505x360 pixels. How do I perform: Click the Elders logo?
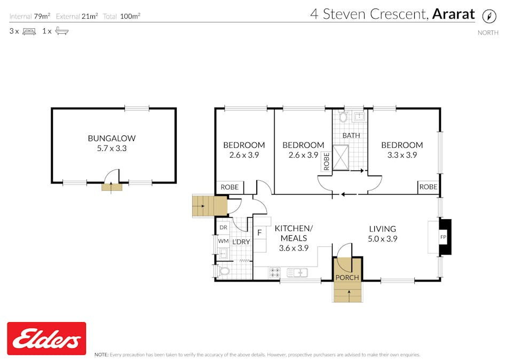point(46,339)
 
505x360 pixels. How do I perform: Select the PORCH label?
point(348,277)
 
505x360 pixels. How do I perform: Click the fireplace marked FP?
point(443,237)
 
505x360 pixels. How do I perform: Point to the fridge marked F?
point(259,233)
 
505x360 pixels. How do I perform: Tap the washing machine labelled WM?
point(223,241)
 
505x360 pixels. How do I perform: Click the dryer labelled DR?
point(223,227)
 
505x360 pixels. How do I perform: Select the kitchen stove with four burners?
point(275,272)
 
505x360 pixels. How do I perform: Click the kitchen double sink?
point(297,273)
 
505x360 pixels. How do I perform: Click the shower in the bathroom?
point(343,157)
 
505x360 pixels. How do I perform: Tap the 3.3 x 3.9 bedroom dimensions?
point(402,155)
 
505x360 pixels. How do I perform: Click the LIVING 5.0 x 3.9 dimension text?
point(383,239)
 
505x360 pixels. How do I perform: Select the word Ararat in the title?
point(453,14)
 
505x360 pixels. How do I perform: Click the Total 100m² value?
point(130,16)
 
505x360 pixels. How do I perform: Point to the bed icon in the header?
point(29,31)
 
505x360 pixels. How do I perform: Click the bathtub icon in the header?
point(62,31)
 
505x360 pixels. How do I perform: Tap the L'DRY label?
point(241,242)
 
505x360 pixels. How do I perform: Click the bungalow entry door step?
point(112,187)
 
